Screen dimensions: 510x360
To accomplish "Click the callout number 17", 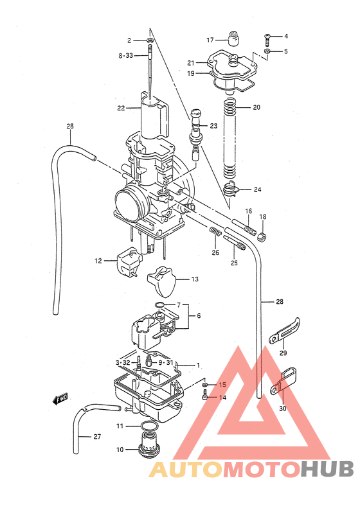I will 210,40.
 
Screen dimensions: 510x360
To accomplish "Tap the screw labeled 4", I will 268,37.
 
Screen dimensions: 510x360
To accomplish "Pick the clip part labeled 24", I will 232,189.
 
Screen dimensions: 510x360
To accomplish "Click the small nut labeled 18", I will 262,236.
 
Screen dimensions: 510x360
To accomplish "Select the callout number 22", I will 121,108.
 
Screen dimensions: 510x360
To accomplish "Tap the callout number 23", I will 214,125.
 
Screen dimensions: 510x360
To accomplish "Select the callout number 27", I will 96,437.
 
